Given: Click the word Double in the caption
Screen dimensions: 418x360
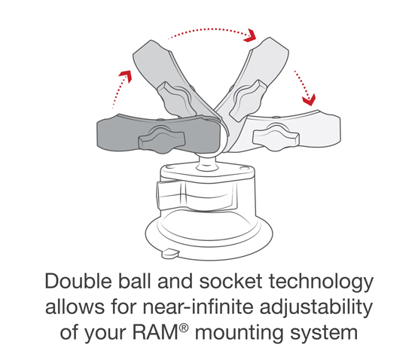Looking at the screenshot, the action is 78,281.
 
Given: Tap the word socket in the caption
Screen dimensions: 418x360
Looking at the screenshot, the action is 231,282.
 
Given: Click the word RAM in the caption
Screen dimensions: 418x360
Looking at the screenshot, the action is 156,333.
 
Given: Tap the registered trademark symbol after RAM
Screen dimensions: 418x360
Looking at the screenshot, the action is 184,328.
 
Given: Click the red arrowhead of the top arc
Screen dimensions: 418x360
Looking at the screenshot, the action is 251,35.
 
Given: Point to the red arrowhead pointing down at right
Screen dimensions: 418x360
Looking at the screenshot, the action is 310,100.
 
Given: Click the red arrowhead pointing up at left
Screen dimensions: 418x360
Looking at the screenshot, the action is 126,76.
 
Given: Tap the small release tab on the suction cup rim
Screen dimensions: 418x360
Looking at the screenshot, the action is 170,253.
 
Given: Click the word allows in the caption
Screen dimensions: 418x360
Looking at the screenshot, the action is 75,307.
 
